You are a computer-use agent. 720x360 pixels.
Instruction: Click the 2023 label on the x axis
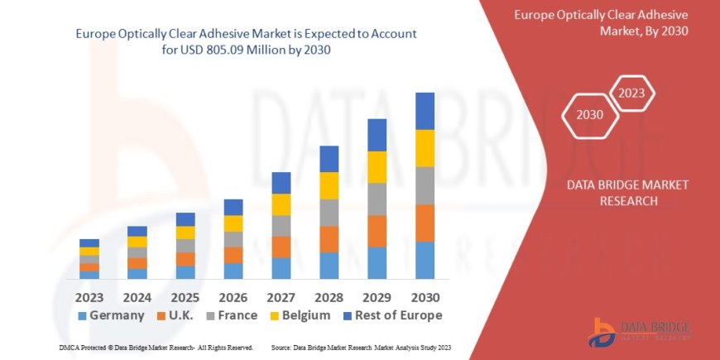pos(89,296)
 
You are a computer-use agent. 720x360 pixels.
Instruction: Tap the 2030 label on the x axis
pos(425,296)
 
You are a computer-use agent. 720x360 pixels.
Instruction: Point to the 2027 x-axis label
pos(281,296)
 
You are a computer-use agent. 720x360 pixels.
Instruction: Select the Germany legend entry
pos(111,315)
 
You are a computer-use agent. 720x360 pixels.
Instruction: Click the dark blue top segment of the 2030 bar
pos(425,111)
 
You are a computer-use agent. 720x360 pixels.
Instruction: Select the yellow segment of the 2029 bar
pos(377,167)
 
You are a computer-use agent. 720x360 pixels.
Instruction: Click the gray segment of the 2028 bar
pos(329,213)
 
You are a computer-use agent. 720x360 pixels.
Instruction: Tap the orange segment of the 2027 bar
pos(281,247)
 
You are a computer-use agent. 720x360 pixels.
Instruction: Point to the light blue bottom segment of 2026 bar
pos(233,271)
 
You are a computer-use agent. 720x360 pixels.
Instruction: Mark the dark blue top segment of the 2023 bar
pos(89,242)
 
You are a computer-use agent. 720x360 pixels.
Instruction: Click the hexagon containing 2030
pos(590,114)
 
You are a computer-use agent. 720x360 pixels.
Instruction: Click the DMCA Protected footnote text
pos(156,347)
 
